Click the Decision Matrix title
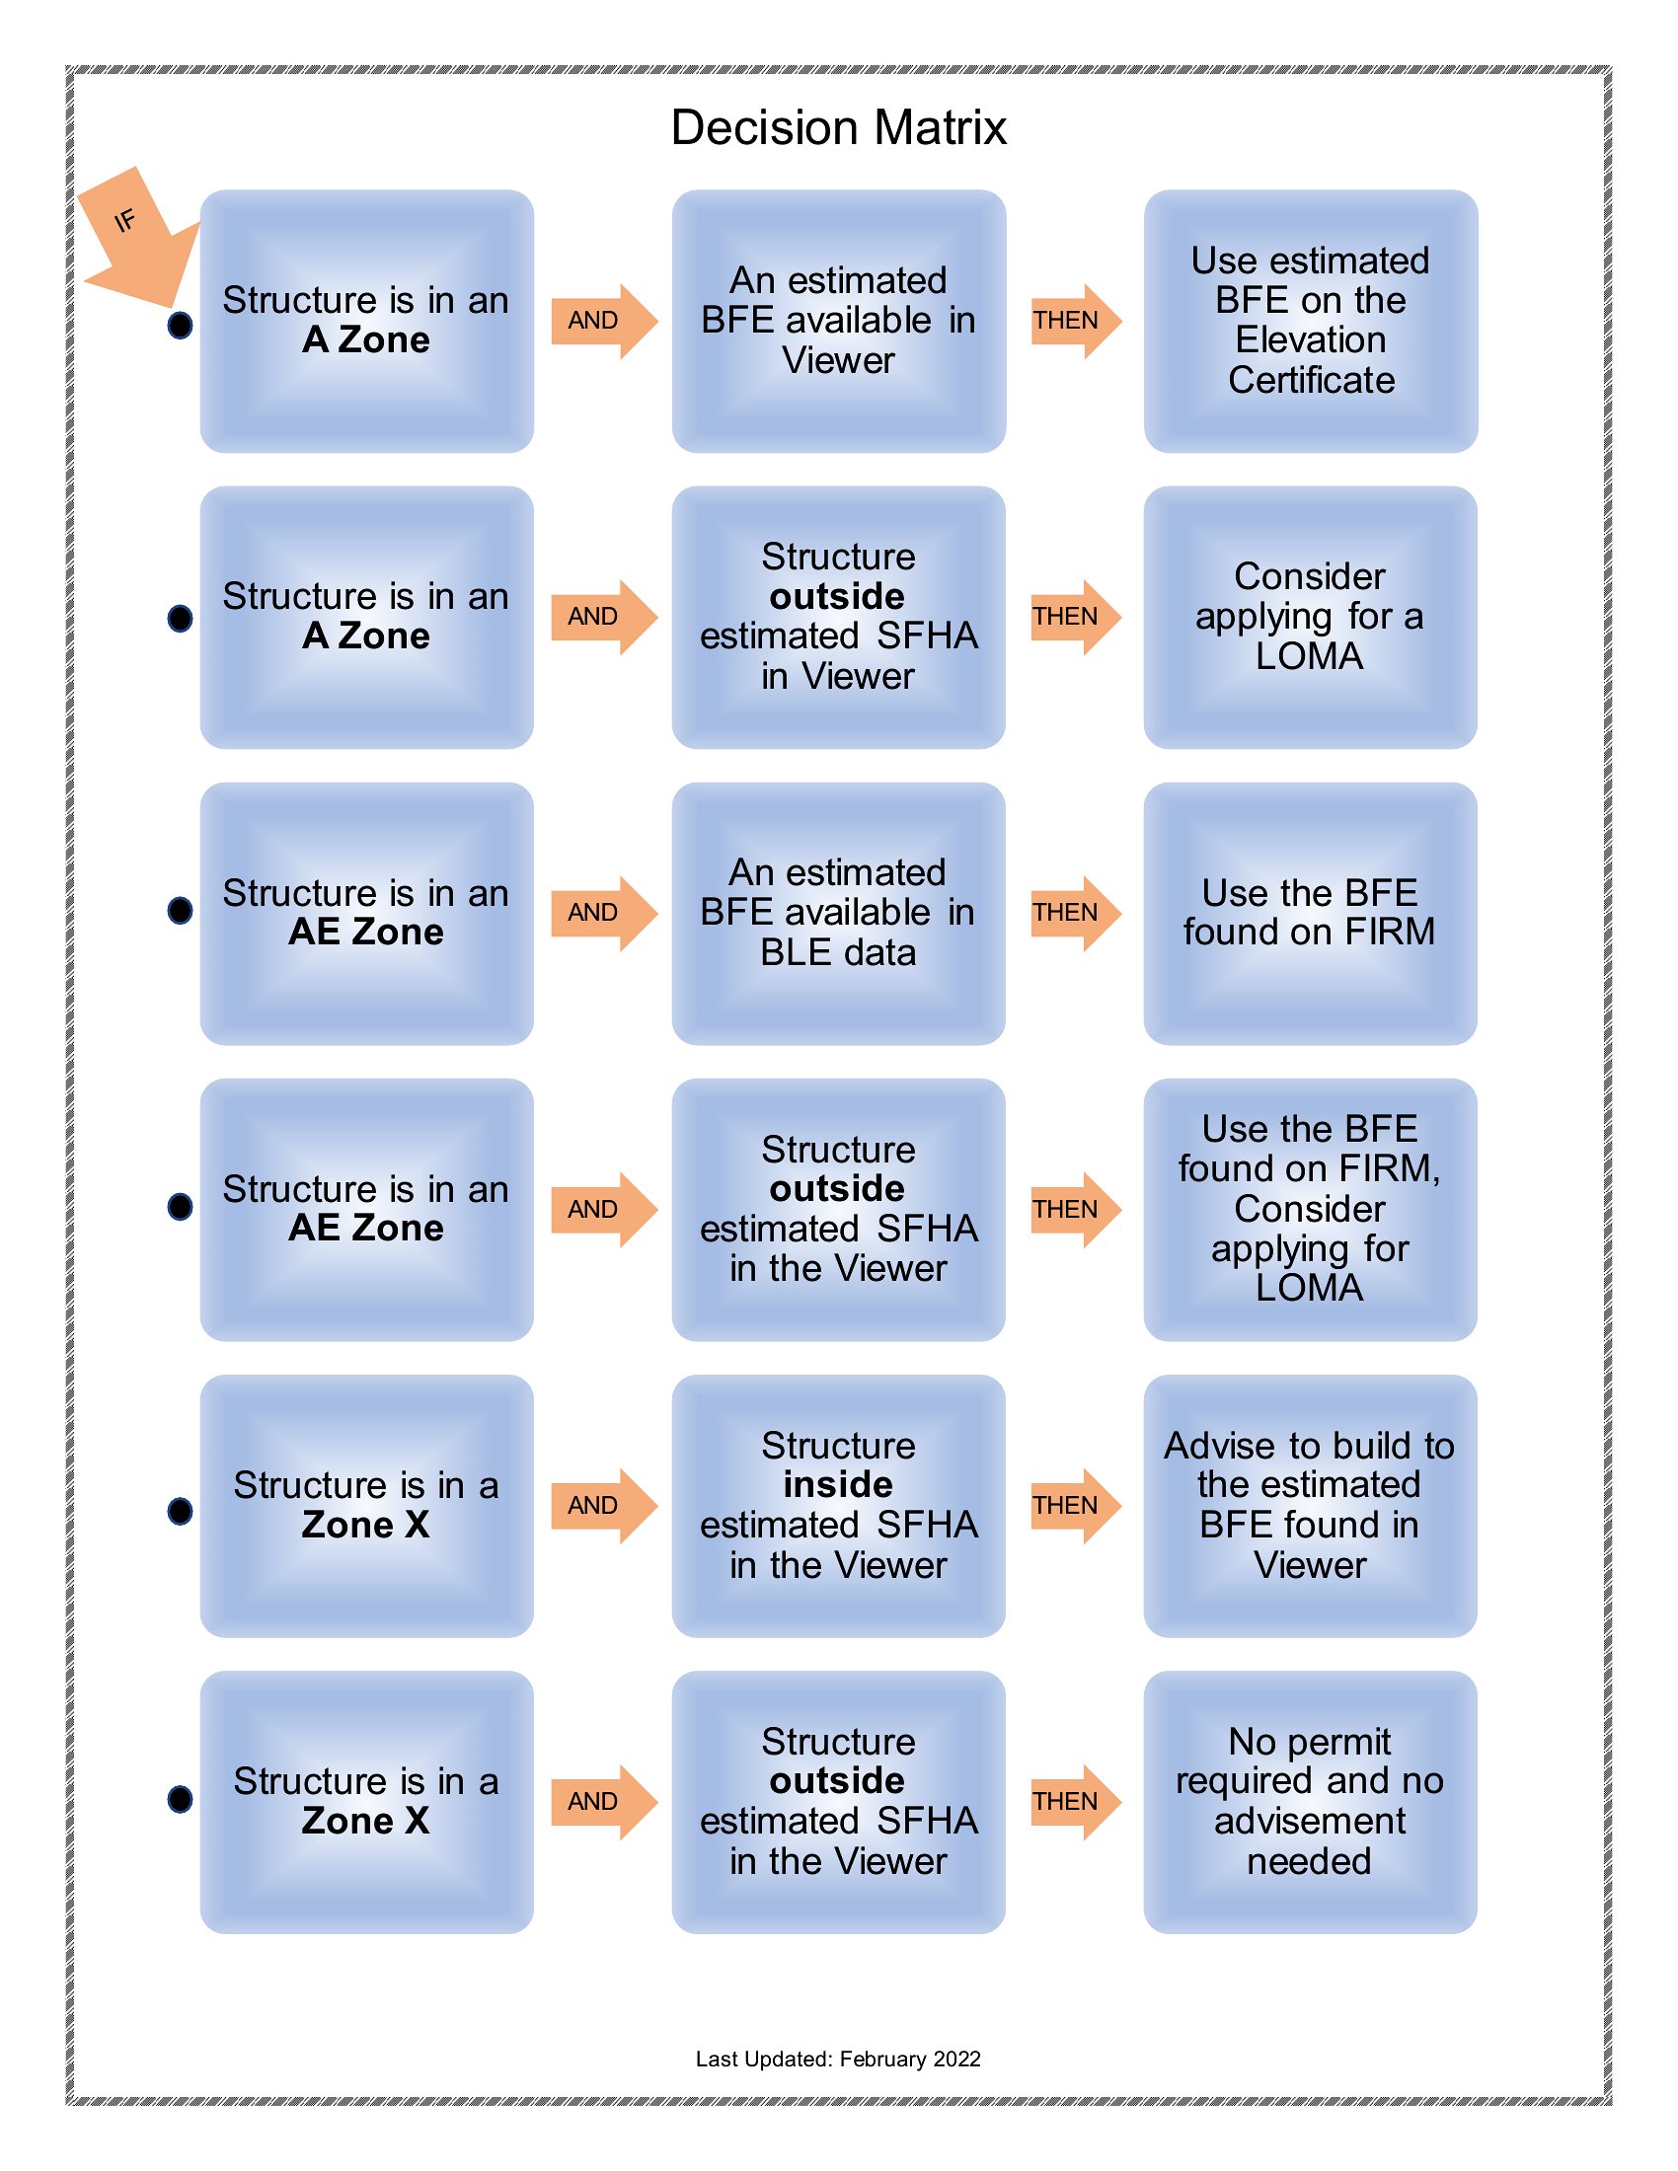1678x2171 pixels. point(838,127)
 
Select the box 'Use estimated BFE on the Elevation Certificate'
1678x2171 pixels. point(1310,321)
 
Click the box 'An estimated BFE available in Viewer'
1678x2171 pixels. point(838,321)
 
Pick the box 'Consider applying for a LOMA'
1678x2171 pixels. point(1310,618)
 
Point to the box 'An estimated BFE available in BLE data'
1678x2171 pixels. point(838,914)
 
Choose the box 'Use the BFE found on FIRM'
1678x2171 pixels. point(1310,914)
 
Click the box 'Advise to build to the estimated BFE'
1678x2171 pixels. point(1310,1506)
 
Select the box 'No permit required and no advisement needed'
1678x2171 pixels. point(1310,1802)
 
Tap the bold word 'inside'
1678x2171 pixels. point(838,1485)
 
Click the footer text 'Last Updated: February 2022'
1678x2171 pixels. point(838,2059)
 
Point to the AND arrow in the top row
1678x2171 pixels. point(604,321)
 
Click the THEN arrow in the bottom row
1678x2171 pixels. point(1077,1802)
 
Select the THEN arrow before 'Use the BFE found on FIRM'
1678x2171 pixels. point(1077,914)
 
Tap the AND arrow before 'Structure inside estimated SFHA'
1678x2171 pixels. point(604,1506)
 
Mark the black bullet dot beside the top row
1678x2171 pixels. point(180,325)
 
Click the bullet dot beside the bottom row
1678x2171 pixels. point(180,1798)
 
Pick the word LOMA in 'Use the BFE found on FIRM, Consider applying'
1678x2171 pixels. point(1309,1288)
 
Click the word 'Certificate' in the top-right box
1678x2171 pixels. point(1311,381)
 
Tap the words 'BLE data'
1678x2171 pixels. point(838,953)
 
